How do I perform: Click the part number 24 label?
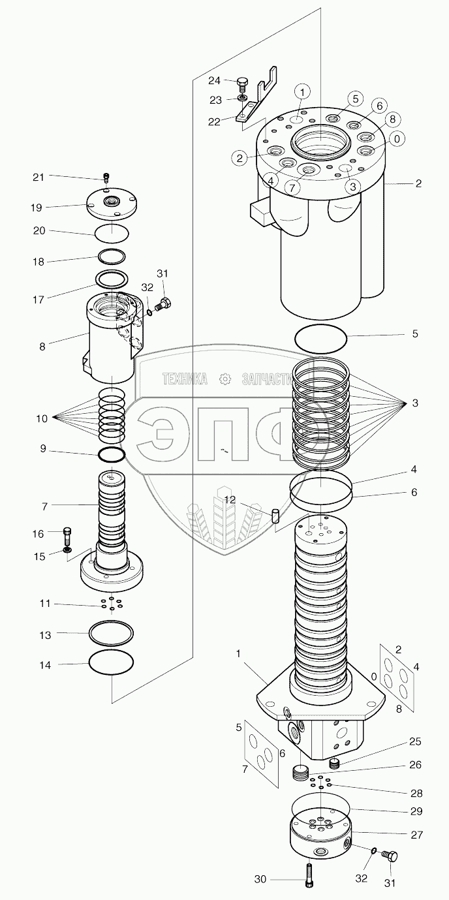coord(214,80)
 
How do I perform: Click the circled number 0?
coord(397,138)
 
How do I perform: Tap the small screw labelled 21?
coord(106,177)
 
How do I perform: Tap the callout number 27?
coord(417,834)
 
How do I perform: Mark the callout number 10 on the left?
coord(42,418)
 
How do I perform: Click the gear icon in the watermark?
coord(225,379)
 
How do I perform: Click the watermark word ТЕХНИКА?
coord(185,379)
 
